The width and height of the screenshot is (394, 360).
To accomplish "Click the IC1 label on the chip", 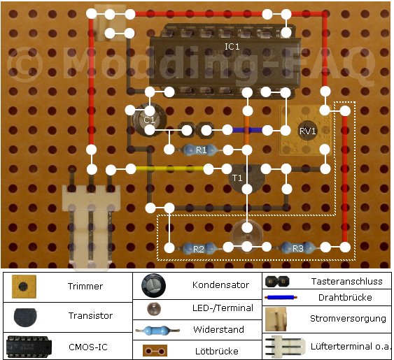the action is pos(232,47).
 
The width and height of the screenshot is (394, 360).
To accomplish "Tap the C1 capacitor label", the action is pos(149,120).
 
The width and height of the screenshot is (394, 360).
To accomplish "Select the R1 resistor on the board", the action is pos(200,150).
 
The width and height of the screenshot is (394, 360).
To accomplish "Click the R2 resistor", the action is pos(199,249).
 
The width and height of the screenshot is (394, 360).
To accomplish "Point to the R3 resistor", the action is pos(297,248).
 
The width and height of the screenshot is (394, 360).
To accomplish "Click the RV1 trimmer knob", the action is pos(307,131).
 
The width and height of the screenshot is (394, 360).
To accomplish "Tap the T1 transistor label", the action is pos(237,178).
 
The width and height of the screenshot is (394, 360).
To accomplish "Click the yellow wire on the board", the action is pos(169,169).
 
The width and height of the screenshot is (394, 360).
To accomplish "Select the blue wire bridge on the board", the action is pos(248,130).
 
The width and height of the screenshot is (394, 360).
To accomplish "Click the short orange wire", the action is pos(247,130).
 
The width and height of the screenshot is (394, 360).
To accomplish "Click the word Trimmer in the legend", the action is pos(85,286).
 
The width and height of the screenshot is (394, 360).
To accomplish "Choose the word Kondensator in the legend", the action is pos(220,285).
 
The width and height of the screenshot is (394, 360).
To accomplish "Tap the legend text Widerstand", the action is pos(218,329).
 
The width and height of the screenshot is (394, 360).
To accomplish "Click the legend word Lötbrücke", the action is pos(217,351).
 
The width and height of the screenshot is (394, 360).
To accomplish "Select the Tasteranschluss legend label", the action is pos(346,281).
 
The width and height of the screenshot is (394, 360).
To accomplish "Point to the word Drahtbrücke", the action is pos(345,297).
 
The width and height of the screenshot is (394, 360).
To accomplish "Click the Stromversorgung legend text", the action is pos(348,318).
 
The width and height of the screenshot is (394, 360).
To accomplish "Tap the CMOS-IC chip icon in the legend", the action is pos(29,347).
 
